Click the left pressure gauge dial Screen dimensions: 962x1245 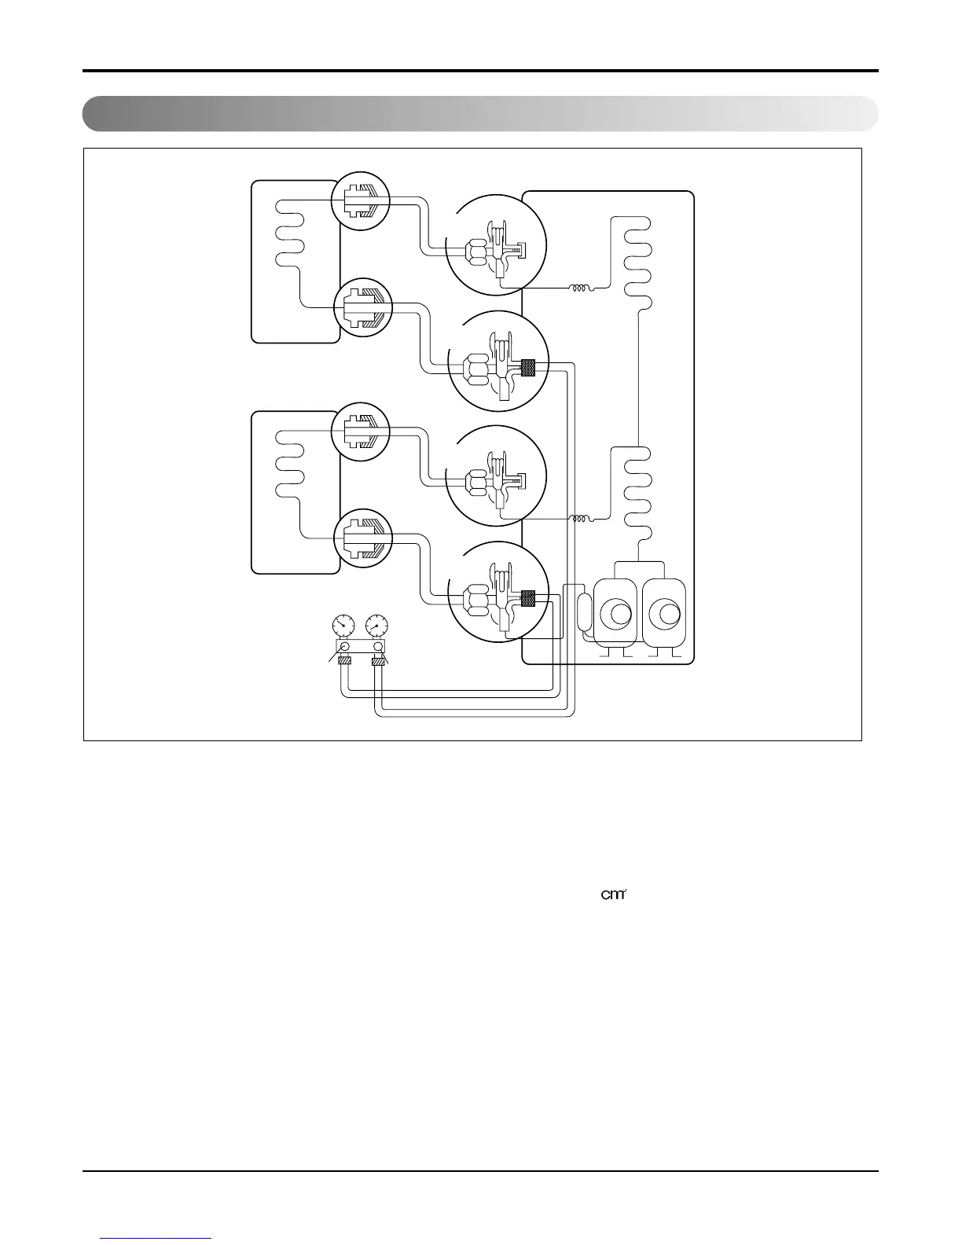pos(343,626)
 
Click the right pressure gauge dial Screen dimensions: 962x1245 pos(377,626)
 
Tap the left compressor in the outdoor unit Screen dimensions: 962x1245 pos(615,614)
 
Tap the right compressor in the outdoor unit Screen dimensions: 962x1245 pos(664,614)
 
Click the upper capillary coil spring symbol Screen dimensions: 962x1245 pos(580,288)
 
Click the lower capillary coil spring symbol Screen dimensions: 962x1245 pos(580,519)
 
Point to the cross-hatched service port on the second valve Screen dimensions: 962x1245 pos(528,367)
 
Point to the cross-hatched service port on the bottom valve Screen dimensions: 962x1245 pos(528,599)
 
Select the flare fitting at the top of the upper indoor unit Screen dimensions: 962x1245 pos(361,202)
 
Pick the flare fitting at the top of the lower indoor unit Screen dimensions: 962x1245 pos(361,432)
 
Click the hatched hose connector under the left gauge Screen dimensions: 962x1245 pos(343,662)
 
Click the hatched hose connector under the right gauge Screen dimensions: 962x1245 pos(380,662)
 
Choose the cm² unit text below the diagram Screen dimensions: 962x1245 pos(612,895)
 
